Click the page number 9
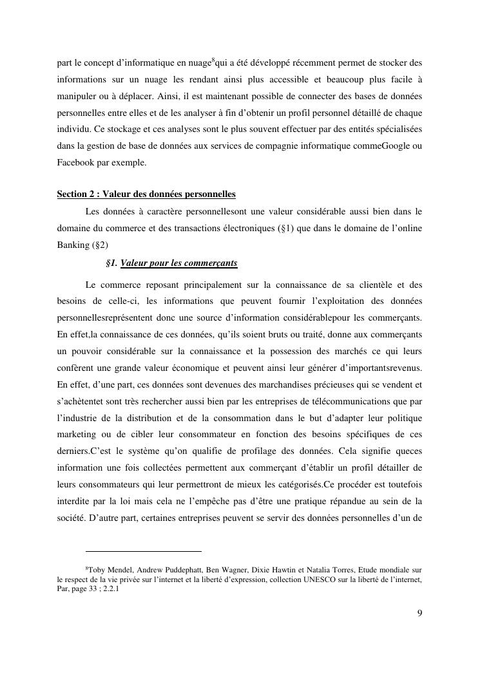pyautogui.click(x=419, y=612)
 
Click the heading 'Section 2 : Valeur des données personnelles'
pyautogui.click(x=146, y=194)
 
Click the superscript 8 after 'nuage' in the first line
pyautogui.click(x=213, y=61)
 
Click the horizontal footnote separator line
pyautogui.click(x=143, y=551)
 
